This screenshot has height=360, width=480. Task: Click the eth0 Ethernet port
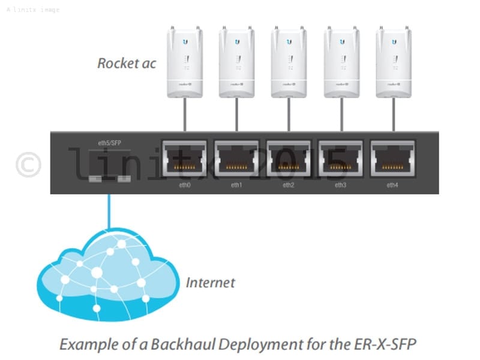[184, 158]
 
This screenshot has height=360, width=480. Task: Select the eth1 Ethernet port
[236, 158]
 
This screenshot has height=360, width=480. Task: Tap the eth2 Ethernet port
[289, 158]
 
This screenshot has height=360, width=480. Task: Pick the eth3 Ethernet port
[341, 158]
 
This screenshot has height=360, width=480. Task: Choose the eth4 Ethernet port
[393, 158]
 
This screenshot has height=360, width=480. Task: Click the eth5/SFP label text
[109, 143]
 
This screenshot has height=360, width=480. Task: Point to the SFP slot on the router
[109, 179]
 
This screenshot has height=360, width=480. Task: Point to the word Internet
[210, 283]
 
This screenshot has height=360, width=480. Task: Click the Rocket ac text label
[127, 63]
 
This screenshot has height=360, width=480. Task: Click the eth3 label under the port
[341, 185]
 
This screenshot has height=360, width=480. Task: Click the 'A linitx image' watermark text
[33, 10]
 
